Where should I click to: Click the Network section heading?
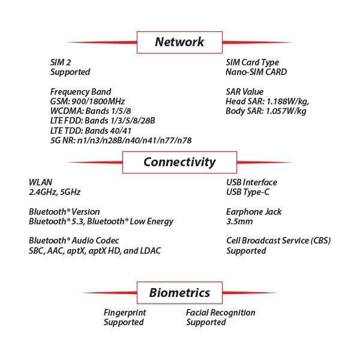pyautogui.click(x=179, y=42)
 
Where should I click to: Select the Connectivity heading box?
pyautogui.click(x=179, y=162)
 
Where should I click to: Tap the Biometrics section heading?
pyautogui.click(x=179, y=293)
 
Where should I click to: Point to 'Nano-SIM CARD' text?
pyautogui.click(x=256, y=72)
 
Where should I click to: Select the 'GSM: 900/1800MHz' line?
pyautogui.click(x=87, y=101)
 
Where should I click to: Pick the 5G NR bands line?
pyautogui.click(x=121, y=140)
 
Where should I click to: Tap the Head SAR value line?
pyautogui.click(x=267, y=101)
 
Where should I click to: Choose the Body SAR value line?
pyautogui.click(x=266, y=111)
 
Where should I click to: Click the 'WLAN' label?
pyautogui.click(x=40, y=182)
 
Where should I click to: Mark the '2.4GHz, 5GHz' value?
pyautogui.click(x=55, y=192)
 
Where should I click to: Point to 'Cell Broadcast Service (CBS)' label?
pyautogui.click(x=278, y=241)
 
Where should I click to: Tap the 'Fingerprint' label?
pyautogui.click(x=125, y=313)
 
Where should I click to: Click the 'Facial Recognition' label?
pyautogui.click(x=220, y=313)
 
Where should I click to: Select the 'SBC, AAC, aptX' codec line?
pyautogui.click(x=94, y=251)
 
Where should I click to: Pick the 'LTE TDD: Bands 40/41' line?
pyautogui.click(x=91, y=130)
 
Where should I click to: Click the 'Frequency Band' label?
pyautogui.click(x=80, y=92)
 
